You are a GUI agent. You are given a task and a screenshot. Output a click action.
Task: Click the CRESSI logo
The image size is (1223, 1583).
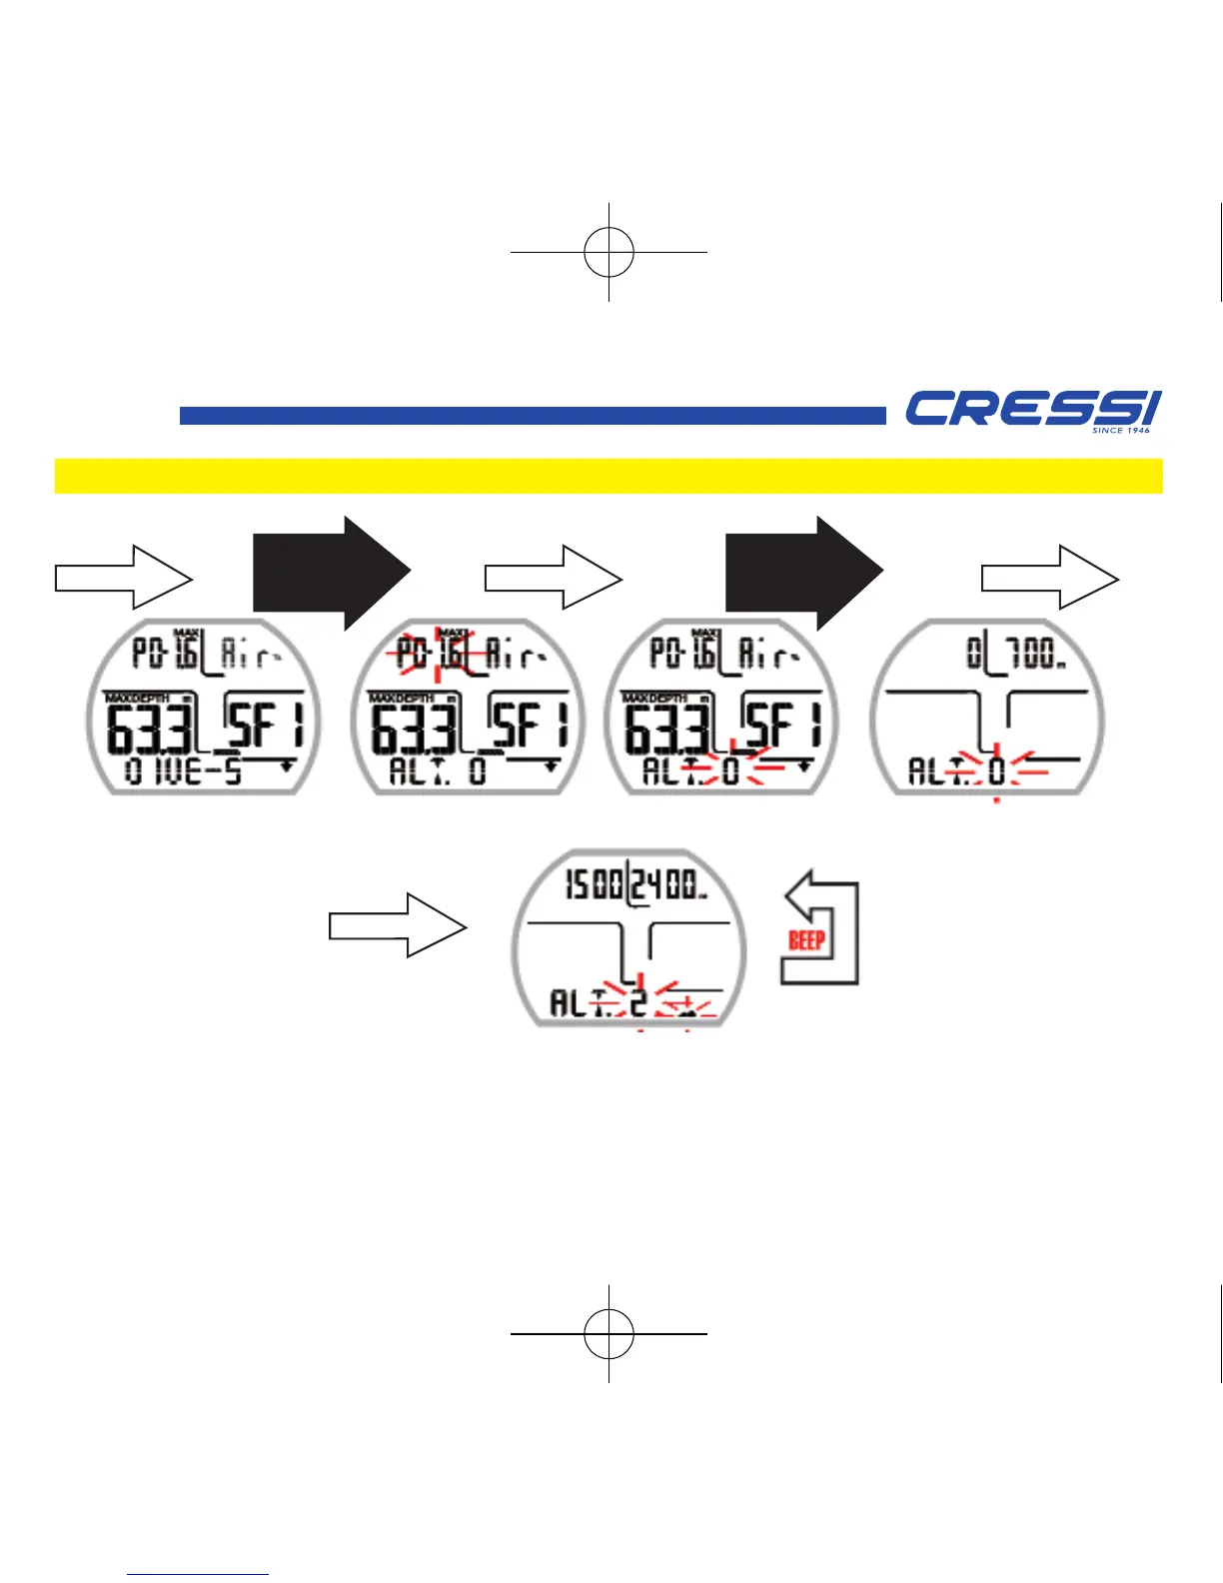1032,409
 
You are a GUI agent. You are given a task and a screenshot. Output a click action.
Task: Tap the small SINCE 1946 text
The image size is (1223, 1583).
1120,431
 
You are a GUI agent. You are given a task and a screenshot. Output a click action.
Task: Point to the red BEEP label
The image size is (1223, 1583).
806,940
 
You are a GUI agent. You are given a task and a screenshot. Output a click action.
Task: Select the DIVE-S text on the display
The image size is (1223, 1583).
184,772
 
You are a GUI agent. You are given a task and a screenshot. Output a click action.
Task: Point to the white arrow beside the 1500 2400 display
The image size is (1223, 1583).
398,926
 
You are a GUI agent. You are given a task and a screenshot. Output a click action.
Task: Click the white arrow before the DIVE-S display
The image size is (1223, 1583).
123,578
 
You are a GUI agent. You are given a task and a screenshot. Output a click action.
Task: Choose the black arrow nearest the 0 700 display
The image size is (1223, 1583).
803,573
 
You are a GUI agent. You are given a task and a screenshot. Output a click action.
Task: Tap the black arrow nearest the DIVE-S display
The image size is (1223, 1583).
332,573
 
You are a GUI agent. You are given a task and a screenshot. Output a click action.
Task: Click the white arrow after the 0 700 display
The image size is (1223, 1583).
1049,578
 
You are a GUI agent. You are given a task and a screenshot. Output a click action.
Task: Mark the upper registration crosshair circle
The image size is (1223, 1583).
609,252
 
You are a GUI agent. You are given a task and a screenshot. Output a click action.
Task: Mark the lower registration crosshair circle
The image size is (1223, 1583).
609,1333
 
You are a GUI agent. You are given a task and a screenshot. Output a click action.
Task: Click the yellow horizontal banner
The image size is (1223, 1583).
608,476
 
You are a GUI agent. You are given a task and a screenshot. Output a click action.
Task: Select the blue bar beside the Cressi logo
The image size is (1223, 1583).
532,416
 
